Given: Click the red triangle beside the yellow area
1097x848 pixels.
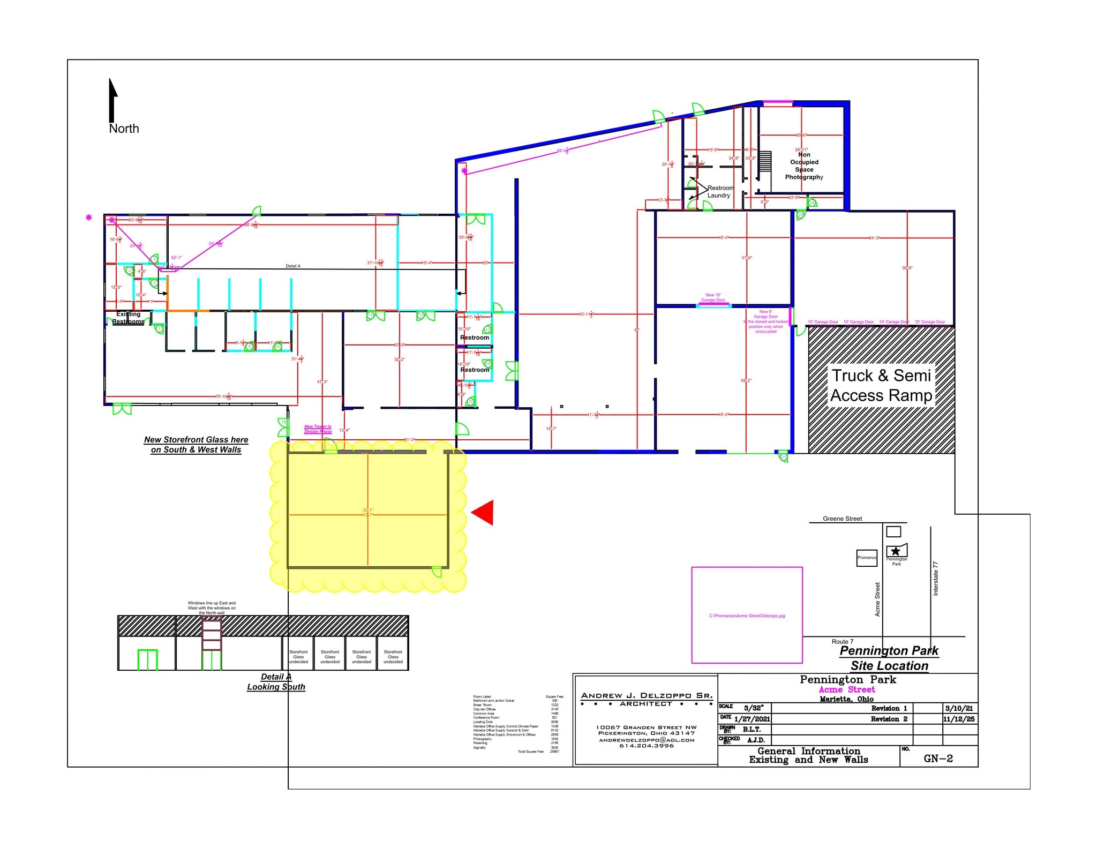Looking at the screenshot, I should (x=484, y=513).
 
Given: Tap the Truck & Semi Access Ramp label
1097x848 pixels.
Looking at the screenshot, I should (x=881, y=385).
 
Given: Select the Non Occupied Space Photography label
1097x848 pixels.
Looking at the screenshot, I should (x=803, y=166).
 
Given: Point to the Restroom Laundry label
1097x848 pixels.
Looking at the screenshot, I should (x=719, y=192).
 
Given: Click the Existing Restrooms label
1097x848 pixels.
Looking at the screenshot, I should (x=128, y=318).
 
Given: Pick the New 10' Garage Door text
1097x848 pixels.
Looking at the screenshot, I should (x=713, y=297).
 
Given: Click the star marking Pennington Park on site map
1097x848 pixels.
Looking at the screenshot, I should (x=896, y=551).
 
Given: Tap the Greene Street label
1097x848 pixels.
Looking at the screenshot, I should (x=842, y=519).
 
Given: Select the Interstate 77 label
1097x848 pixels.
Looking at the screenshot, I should (x=936, y=579).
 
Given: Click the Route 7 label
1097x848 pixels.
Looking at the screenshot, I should (x=842, y=641).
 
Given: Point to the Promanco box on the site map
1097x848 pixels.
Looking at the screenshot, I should (x=867, y=558).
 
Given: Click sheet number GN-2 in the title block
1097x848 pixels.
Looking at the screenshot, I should (x=938, y=758).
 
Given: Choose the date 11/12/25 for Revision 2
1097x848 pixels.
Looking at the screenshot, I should (x=959, y=719).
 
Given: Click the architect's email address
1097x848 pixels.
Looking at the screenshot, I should (x=647, y=740).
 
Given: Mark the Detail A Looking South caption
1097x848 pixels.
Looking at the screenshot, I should (x=276, y=681).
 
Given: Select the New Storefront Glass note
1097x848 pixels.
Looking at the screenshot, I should (x=196, y=445).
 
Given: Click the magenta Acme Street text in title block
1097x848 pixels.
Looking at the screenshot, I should (x=847, y=689).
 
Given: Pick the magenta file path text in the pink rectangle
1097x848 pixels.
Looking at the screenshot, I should (x=747, y=616).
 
